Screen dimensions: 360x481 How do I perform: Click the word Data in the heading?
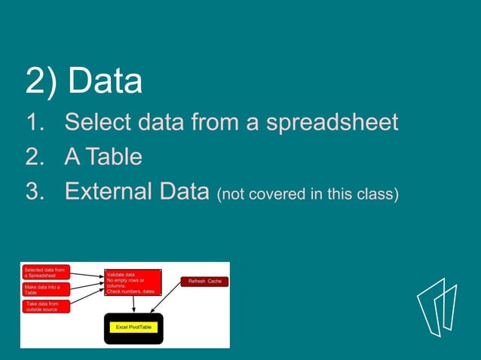click(105, 81)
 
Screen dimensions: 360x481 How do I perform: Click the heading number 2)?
click(42, 81)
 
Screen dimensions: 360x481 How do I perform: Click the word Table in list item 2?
click(112, 157)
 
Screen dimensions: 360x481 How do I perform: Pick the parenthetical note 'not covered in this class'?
click(307, 194)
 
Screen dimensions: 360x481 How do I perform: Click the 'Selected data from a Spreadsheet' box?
click(46, 273)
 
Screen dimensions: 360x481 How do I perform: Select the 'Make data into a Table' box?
click(46, 290)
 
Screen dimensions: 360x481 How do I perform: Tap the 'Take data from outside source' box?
click(46, 307)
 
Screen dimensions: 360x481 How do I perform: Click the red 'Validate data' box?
click(133, 282)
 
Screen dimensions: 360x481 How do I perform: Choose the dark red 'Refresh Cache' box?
click(204, 282)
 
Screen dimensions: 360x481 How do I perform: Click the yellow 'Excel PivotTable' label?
click(133, 328)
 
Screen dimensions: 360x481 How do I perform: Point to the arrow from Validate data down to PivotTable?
click(133, 304)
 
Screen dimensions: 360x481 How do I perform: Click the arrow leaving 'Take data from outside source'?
click(87, 299)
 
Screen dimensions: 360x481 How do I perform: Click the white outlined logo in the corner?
click(437, 307)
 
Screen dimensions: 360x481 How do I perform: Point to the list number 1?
click(35, 122)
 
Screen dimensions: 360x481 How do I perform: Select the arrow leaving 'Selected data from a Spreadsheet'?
click(87, 274)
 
